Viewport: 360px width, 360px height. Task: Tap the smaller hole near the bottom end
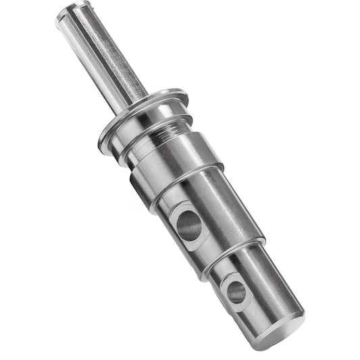(x=236, y=291)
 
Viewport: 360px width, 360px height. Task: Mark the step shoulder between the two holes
(x=230, y=253)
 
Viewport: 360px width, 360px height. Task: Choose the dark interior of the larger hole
(x=190, y=227)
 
